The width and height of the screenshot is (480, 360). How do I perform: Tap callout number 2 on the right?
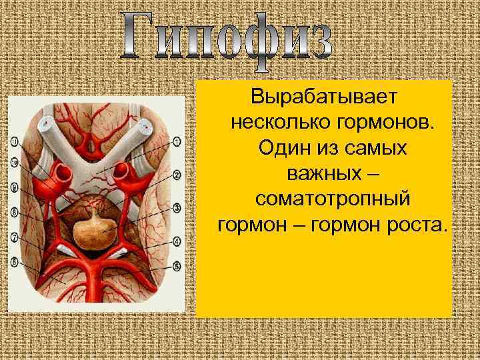(177, 175)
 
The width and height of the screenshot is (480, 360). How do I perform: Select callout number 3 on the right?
(177, 207)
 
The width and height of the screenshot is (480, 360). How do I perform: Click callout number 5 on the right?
(177, 265)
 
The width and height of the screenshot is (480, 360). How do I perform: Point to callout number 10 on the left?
(15, 161)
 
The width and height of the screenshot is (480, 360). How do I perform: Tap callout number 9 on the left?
(15, 187)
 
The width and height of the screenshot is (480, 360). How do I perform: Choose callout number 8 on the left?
(15, 213)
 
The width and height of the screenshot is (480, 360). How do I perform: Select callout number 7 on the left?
(15, 237)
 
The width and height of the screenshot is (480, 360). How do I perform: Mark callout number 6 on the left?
(15, 262)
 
